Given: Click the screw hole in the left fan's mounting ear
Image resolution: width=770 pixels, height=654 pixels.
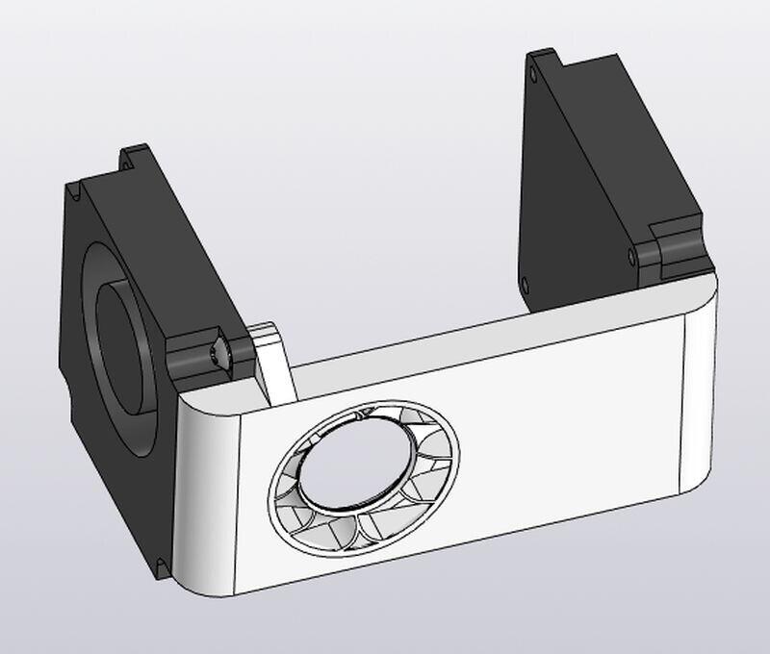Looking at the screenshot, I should point(220,353).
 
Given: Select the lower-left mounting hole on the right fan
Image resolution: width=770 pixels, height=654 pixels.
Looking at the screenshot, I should point(525,284).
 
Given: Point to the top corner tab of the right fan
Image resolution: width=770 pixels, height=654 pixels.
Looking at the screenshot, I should point(544,63).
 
